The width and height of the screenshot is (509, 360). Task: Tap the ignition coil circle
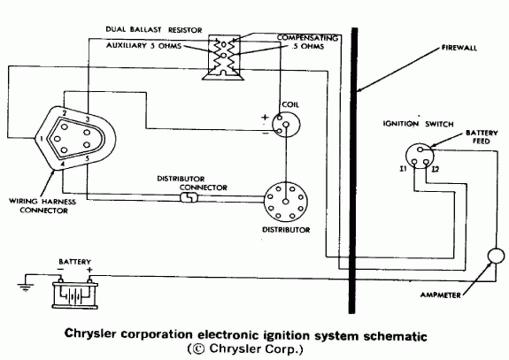(283, 129)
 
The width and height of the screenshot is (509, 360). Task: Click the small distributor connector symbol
(188, 199)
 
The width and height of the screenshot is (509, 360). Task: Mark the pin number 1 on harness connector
(42, 140)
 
